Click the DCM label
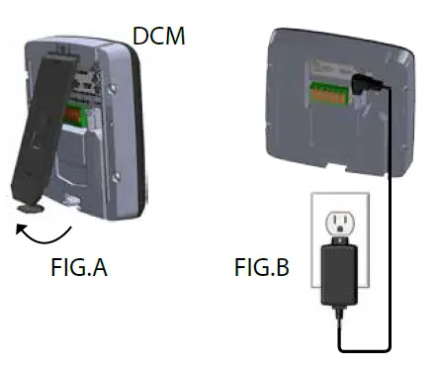tap(159, 38)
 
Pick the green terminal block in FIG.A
tap(74, 113)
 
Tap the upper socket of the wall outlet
tap(336, 218)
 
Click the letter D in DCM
tap(140, 38)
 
